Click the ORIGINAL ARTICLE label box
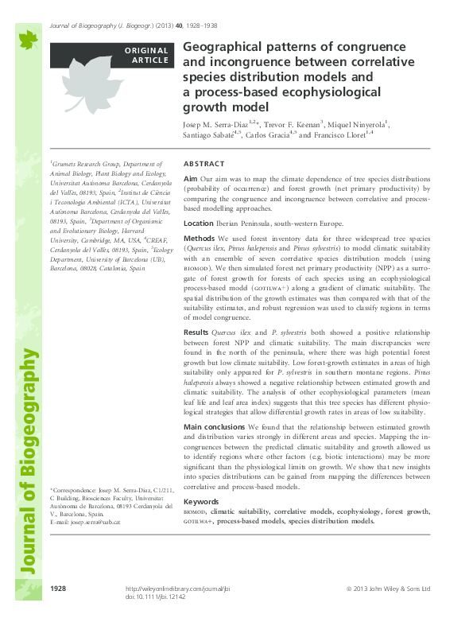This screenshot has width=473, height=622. (112, 54)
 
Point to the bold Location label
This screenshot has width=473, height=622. (199, 224)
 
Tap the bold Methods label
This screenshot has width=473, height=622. (200, 239)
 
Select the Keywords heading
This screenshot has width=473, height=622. (202, 501)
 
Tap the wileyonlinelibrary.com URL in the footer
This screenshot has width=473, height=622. (184, 589)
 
